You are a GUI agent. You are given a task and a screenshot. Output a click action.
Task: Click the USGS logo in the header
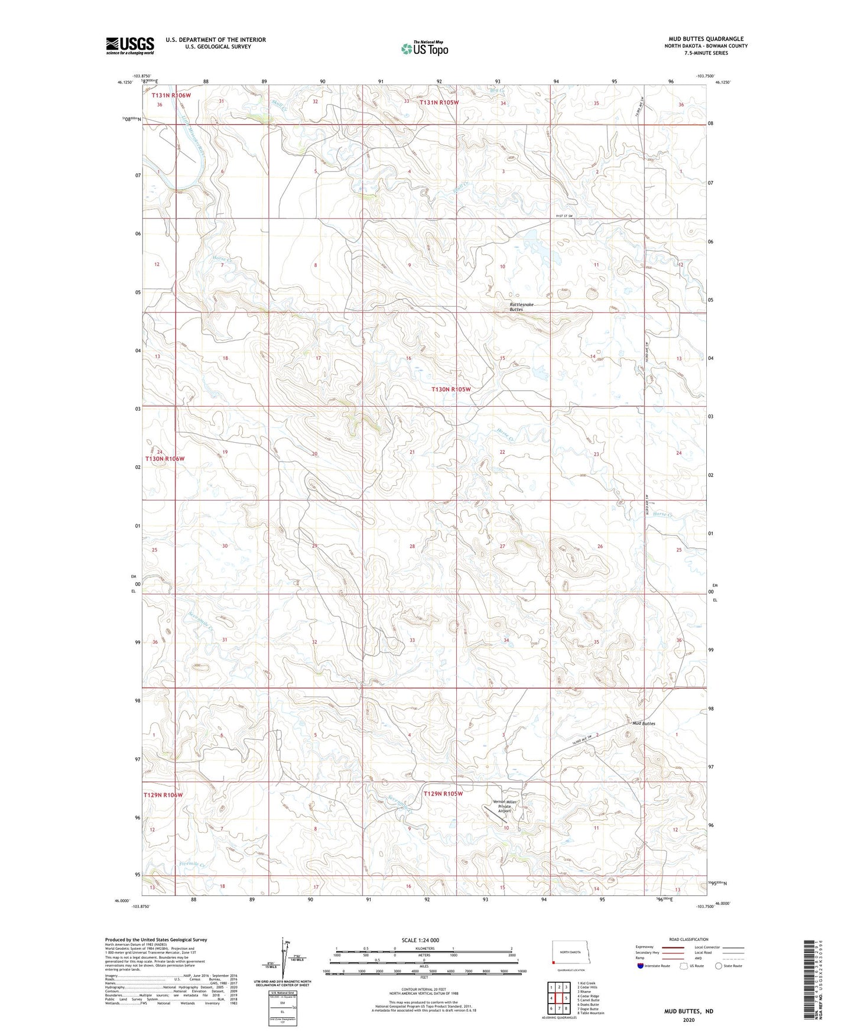pyautogui.click(x=129, y=46)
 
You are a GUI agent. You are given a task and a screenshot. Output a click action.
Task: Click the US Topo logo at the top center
pyautogui.click(x=424, y=48)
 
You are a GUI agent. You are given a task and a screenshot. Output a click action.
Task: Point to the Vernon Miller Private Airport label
pyautogui.click(x=504, y=806)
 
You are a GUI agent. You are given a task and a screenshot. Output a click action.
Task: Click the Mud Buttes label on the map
pyautogui.click(x=644, y=723)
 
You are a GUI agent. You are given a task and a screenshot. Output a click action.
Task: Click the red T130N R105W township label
pyautogui.click(x=451, y=390)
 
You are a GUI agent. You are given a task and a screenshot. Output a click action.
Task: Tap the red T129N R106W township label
pyautogui.click(x=163, y=795)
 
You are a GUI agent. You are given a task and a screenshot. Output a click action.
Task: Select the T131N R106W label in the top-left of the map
pyautogui.click(x=171, y=95)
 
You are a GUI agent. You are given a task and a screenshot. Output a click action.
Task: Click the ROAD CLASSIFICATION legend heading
pyautogui.click(x=689, y=939)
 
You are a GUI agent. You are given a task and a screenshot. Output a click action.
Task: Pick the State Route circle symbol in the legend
pyautogui.click(x=719, y=966)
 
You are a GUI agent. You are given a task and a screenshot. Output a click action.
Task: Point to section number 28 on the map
pyautogui.click(x=412, y=546)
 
